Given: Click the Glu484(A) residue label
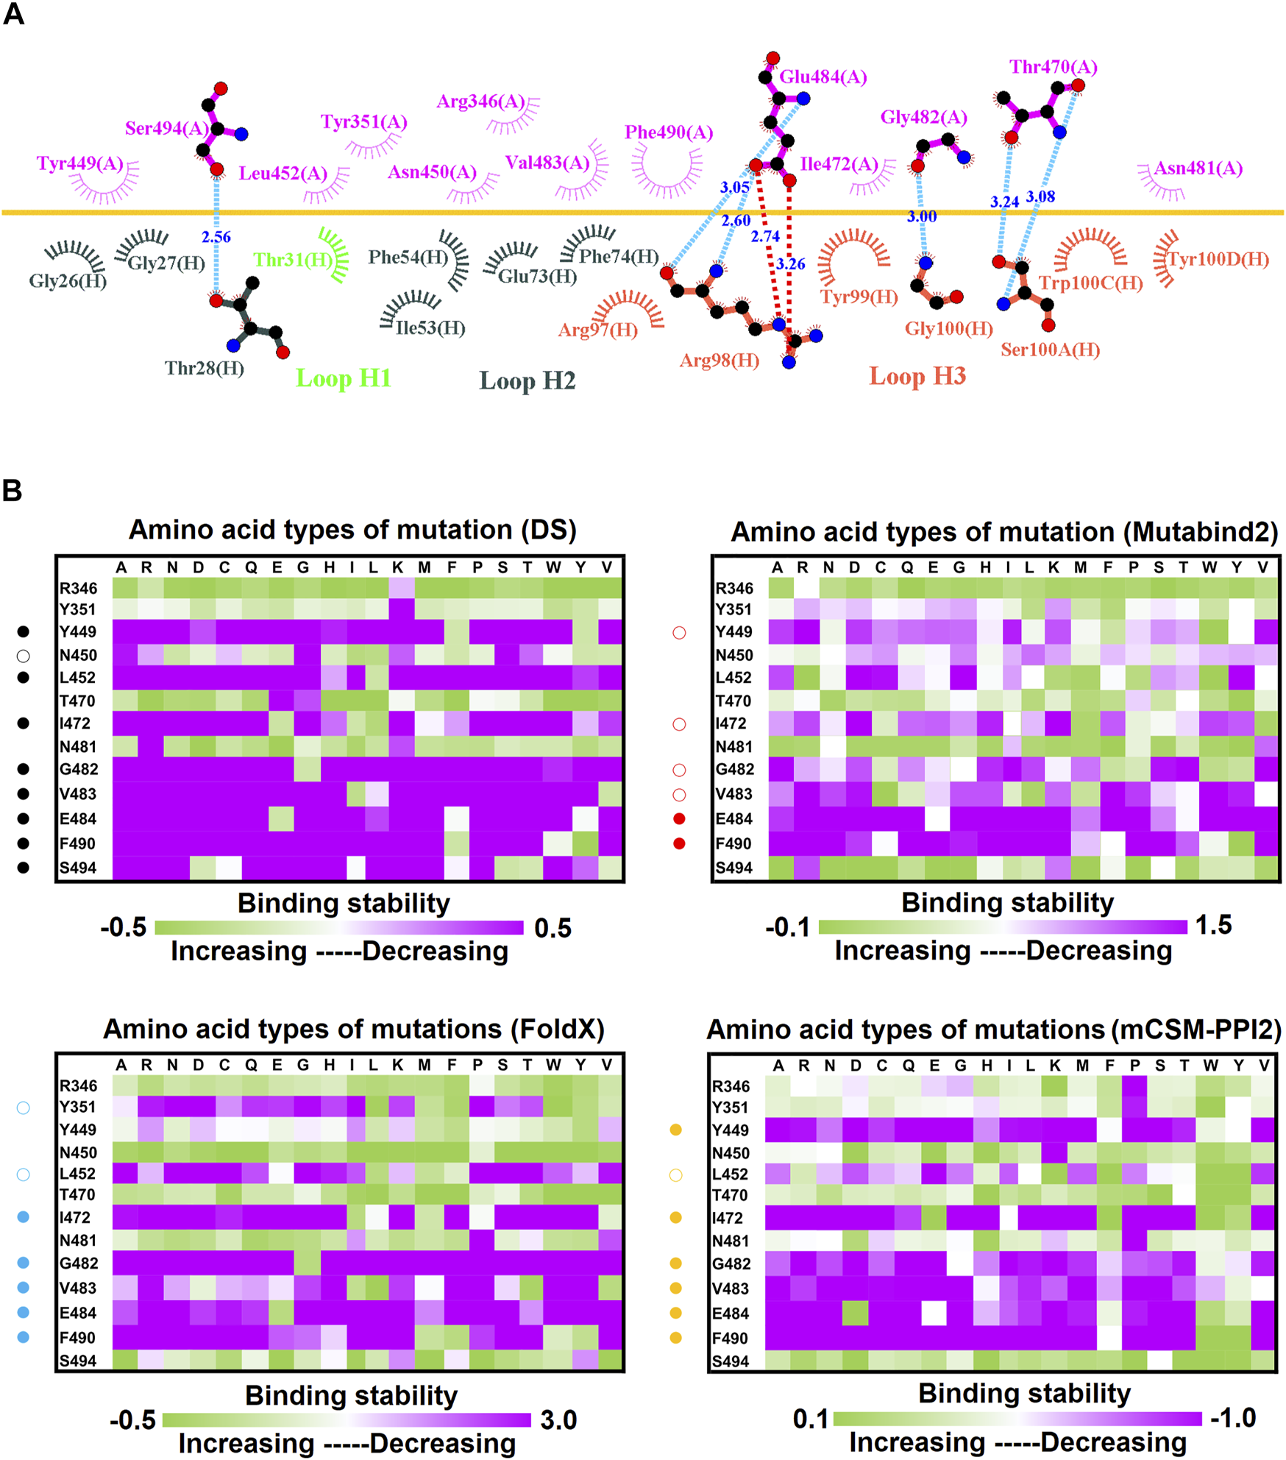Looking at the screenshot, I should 823,77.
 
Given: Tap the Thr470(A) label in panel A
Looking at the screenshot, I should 1053,68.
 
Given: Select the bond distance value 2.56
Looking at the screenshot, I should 216,237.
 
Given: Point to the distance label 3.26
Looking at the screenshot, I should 790,264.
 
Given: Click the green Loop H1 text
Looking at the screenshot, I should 343,378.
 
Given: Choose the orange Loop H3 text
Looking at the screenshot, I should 917,376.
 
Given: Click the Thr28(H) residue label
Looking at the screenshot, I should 204,368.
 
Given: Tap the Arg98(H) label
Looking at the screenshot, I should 719,361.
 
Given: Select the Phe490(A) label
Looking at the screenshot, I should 668,132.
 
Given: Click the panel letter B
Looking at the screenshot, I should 12,491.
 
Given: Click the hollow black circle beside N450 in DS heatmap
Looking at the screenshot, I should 24,656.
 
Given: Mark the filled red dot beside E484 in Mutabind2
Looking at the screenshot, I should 679,819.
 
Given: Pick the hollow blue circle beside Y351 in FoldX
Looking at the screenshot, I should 24,1108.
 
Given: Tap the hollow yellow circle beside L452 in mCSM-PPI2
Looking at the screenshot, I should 675,1175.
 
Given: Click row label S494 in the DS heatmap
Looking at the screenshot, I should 78,868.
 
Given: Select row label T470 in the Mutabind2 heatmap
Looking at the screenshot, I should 733,701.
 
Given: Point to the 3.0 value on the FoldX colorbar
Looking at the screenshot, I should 558,1420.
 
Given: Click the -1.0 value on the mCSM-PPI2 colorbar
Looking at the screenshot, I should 1232,1418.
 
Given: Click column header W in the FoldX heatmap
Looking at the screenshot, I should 553,1065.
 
